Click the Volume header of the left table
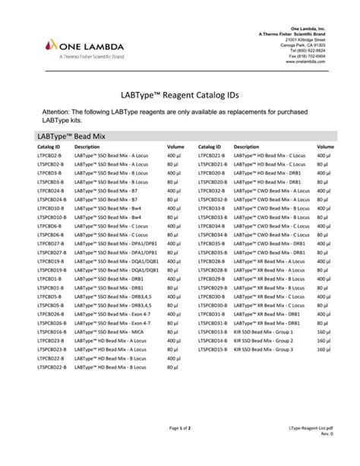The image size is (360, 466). coord(175,146)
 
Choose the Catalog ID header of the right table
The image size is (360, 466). coord(210,146)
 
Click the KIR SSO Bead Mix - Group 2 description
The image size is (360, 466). coord(263,341)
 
